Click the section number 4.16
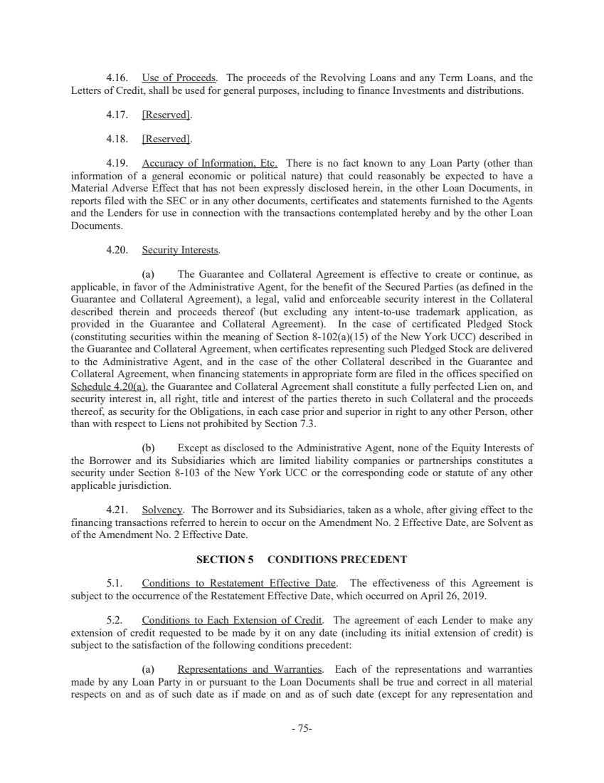(x=117, y=78)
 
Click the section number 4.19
(x=117, y=163)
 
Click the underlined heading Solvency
(x=163, y=510)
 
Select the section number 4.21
(x=117, y=510)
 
